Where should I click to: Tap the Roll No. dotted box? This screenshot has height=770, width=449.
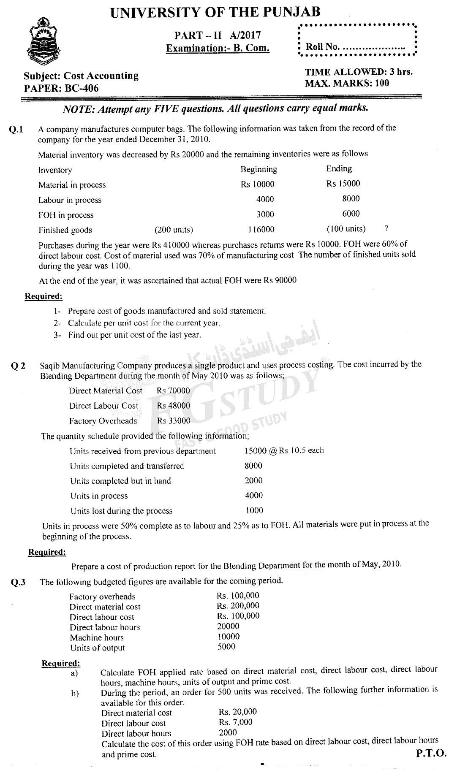coord(357,40)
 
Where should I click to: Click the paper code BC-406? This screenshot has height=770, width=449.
coord(61,88)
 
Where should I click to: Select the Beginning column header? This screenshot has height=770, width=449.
coord(259,169)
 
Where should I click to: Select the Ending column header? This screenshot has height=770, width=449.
coord(339,168)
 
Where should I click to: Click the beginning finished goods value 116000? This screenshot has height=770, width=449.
coord(261,230)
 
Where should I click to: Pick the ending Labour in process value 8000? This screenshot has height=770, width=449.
coord(351,199)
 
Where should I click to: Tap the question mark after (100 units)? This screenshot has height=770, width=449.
coord(386,228)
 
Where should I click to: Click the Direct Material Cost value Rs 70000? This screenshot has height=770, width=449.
coord(173,391)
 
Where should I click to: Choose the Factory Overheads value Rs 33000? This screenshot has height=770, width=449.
coord(174,421)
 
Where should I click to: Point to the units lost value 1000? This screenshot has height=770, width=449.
coord(254,510)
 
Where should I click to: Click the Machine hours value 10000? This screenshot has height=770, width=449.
coord(228,637)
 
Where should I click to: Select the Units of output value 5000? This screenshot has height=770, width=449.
coord(226,647)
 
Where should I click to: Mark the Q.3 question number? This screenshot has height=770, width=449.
coord(18,583)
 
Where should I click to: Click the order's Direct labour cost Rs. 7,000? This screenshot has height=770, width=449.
coord(236,722)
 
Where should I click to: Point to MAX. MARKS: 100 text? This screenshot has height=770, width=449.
coord(347,83)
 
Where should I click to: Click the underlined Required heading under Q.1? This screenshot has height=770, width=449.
coord(44,296)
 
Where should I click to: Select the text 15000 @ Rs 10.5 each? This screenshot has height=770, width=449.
coord(284,450)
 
